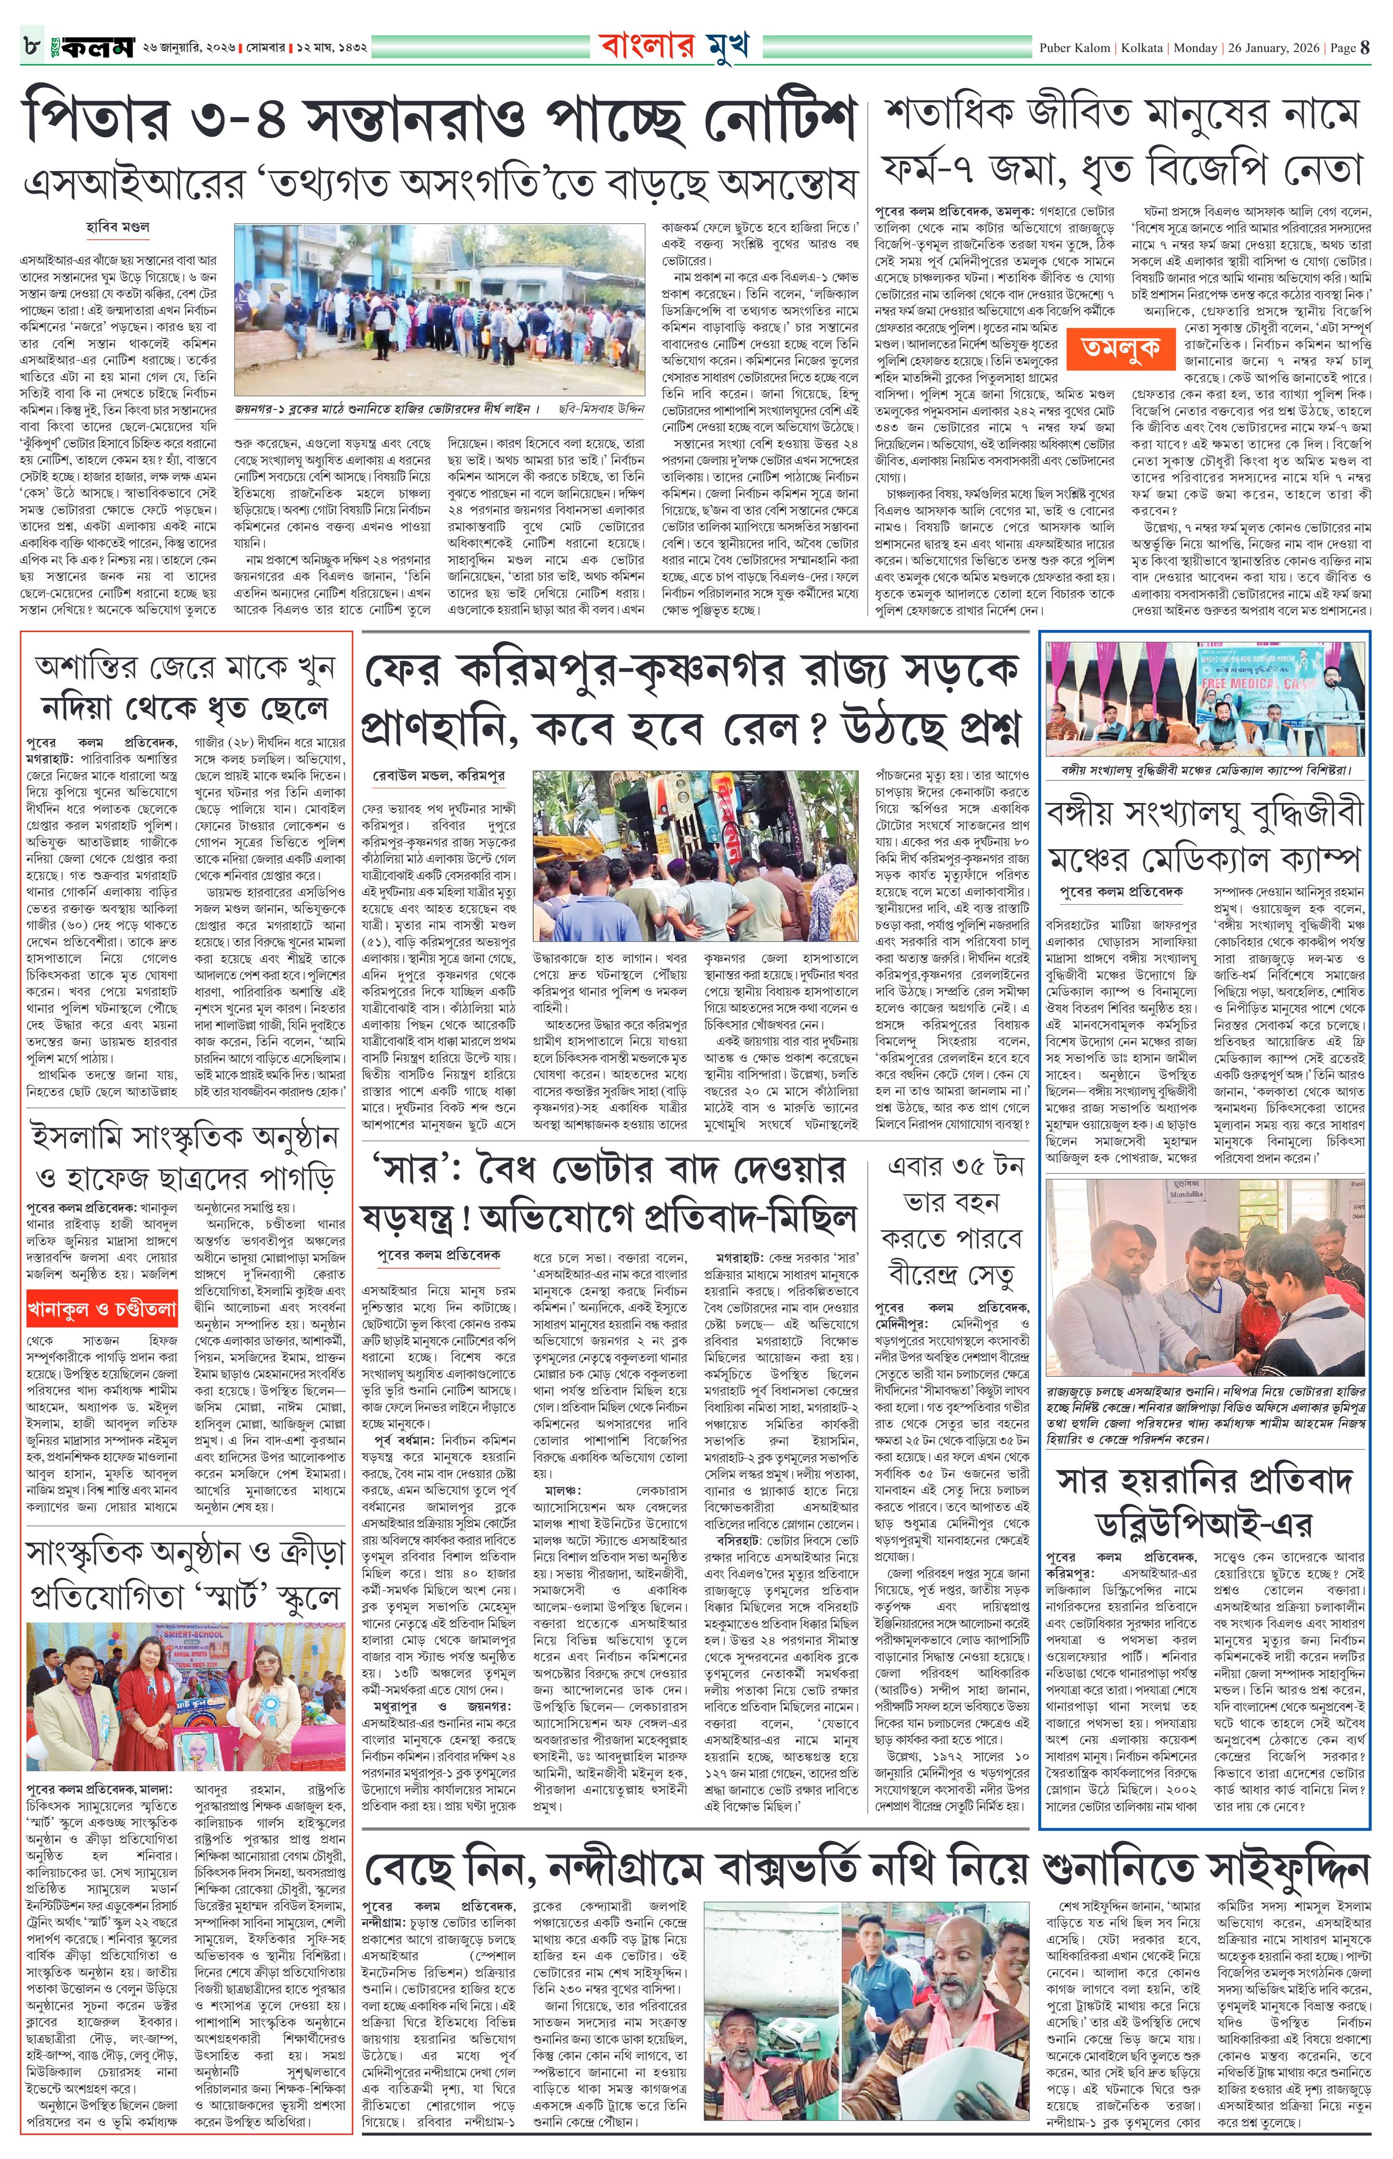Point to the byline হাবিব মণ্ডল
[x=118, y=227]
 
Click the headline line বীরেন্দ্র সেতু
[x=952, y=1276]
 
